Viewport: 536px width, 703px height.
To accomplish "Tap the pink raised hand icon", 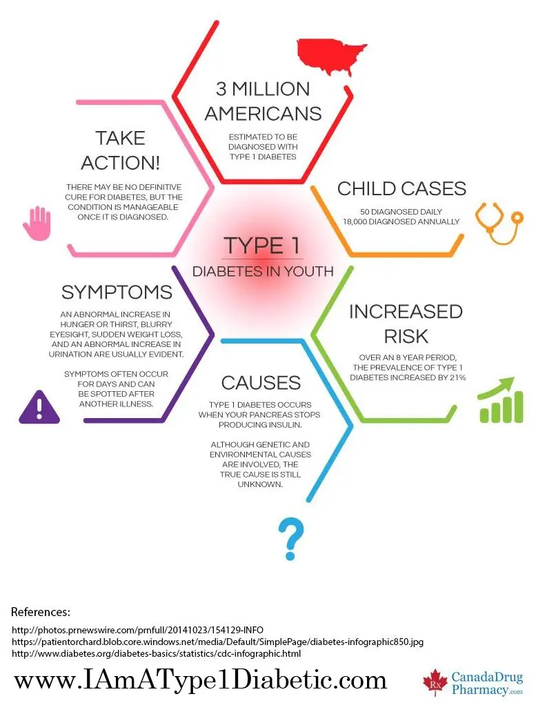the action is pos(37,224).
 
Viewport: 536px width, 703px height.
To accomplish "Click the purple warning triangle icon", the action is pos(39,406).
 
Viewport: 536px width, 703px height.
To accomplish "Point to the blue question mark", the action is pos(291,539).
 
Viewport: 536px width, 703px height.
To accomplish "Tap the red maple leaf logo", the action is pos(435,682).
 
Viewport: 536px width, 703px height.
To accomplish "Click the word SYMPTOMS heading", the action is pos(117,293).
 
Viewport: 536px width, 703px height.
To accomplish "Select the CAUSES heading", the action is pos(261,383).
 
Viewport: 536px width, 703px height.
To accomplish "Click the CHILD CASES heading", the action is pos(401,189).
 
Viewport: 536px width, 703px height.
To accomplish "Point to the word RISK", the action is pos(406,336).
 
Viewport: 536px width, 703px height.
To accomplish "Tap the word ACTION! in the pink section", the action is pos(121,163).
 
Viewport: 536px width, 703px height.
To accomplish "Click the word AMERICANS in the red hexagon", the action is pos(263,113).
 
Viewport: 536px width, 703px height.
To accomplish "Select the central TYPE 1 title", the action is pos(261,246).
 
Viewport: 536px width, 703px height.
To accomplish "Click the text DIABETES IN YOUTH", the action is pos(263,271).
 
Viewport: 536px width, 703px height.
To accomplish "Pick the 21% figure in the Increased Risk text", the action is pos(458,377).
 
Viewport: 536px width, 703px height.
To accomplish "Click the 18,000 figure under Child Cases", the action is pos(355,221).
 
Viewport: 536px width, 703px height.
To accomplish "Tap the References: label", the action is pos(40,612).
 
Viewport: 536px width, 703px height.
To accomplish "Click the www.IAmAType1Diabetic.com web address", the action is pos(200,680).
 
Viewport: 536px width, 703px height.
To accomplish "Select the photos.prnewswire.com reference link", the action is pos(137,630).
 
